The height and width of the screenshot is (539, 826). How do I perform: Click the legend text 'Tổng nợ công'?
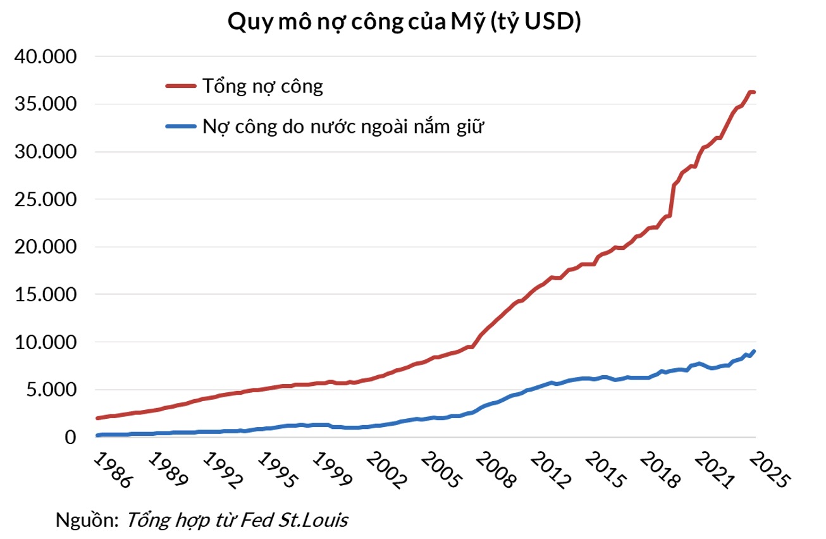coord(262,86)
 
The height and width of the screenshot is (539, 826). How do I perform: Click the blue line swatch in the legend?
coord(182,126)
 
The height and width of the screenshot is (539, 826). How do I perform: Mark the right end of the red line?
coord(755,92)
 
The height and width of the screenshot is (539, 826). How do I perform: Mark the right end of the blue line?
coord(755,352)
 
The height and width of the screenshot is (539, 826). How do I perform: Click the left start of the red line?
coord(97,418)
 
